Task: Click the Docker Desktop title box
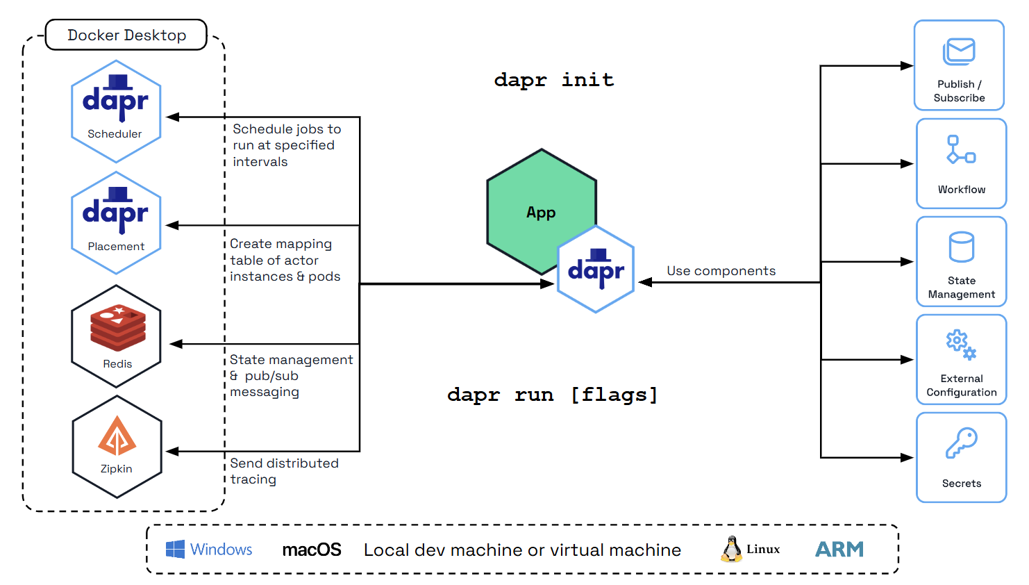[x=126, y=35]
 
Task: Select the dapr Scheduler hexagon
[x=116, y=111]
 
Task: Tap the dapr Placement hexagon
[x=116, y=223]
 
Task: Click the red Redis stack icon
[x=118, y=327]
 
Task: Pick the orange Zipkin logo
[x=117, y=436]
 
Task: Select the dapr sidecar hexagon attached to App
[x=596, y=270]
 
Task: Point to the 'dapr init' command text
[x=553, y=80]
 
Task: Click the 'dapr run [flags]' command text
[x=552, y=395]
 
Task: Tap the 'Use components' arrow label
[x=721, y=271]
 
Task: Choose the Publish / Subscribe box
[x=959, y=65]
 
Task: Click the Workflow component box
[x=961, y=163]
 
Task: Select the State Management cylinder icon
[x=962, y=247]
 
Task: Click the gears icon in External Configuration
[x=961, y=345]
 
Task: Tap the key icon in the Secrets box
[x=962, y=443]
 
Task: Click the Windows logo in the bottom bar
[x=175, y=549]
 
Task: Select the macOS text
[x=312, y=550]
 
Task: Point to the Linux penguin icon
[x=730, y=549]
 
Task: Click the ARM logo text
[x=839, y=550]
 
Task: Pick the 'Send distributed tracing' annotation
[x=284, y=471]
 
